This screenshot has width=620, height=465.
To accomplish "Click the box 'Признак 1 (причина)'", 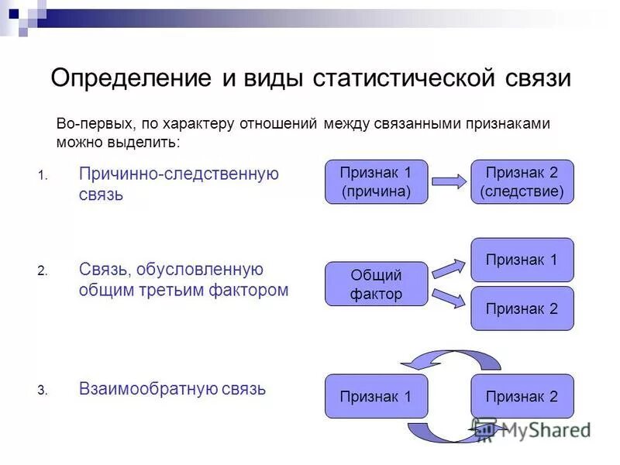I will tap(376, 182).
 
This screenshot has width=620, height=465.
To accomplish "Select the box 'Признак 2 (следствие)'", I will tap(522, 182).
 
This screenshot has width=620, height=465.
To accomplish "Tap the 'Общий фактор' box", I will tap(376, 284).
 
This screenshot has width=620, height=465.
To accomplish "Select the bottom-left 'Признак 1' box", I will tap(376, 396).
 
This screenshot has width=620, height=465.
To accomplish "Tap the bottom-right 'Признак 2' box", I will tap(522, 396).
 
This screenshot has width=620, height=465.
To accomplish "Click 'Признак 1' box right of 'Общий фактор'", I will tap(522, 260).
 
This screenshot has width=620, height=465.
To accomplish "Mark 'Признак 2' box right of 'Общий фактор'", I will tap(522, 308).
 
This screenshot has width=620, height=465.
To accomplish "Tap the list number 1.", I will tap(43, 175).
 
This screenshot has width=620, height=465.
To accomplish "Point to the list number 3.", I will tap(43, 391).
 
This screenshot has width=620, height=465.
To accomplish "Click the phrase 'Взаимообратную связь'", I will tap(172, 389).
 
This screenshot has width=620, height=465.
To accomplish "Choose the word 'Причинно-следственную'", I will tap(178, 174).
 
